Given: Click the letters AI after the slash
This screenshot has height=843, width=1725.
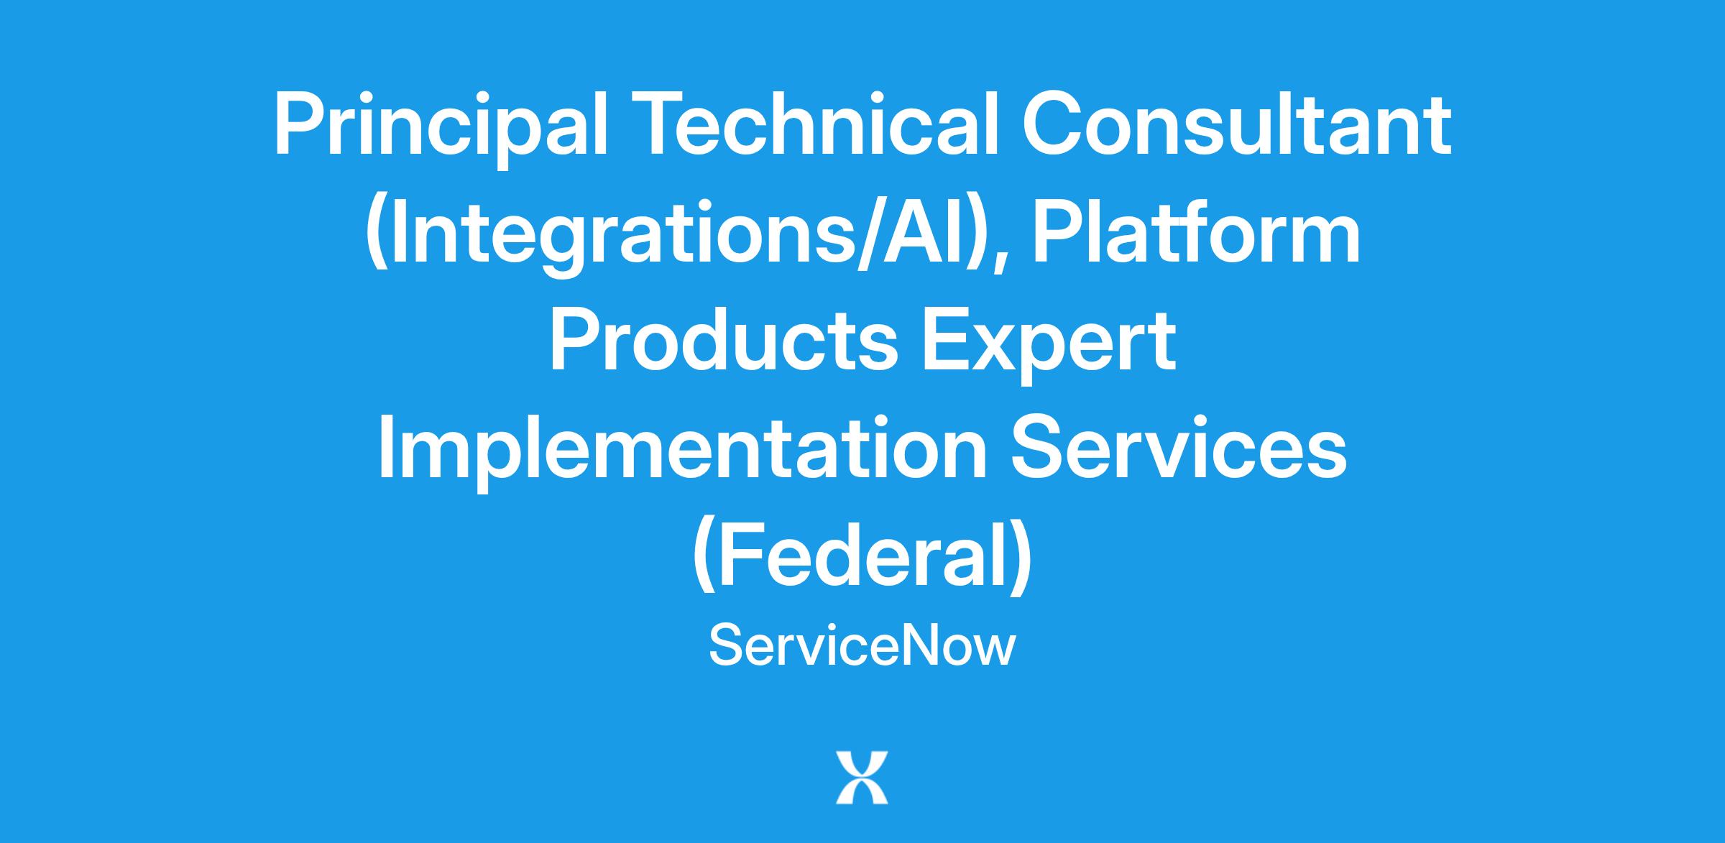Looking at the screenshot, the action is coord(928,233).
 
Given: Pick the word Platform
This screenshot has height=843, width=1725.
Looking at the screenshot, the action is coord(1197,232).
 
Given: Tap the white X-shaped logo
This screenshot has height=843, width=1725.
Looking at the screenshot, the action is coord(862,778).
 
